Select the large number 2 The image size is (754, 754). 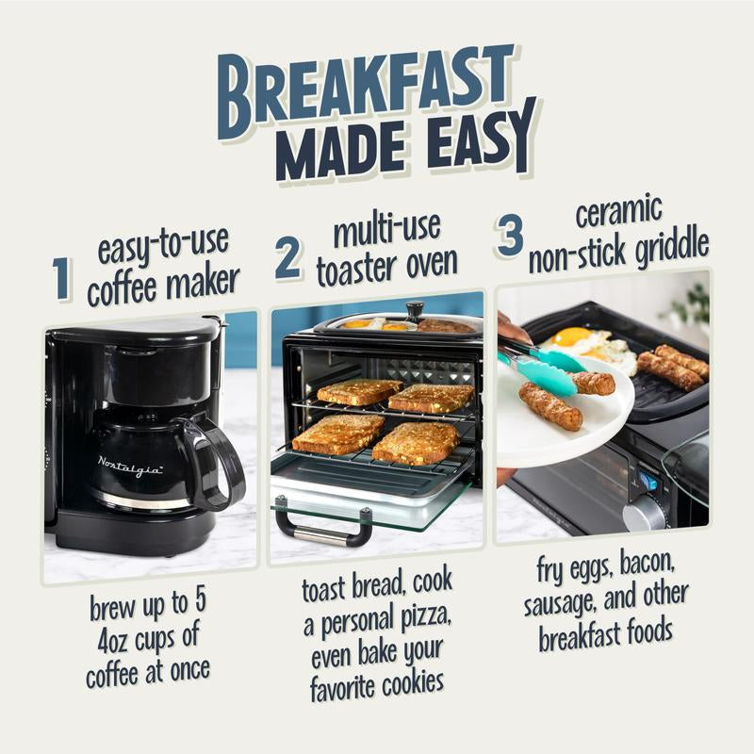pos(288,256)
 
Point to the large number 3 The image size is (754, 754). pos(509,234)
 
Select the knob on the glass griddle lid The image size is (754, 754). pos(415,310)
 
